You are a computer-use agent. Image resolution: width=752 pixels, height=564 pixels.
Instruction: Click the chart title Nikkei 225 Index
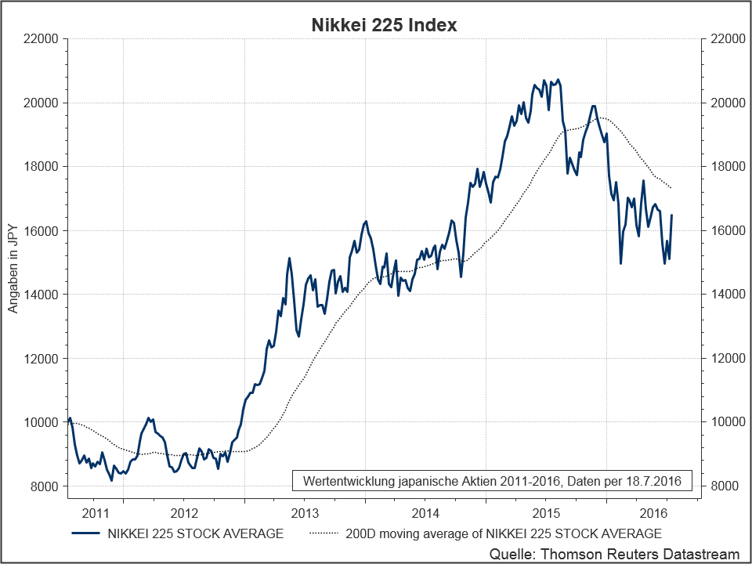[384, 25]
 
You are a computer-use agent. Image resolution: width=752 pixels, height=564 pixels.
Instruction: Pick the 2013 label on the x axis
[304, 514]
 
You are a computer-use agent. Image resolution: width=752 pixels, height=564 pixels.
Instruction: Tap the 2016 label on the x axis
[655, 514]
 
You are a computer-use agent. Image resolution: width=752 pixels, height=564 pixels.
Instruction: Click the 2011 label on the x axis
[96, 514]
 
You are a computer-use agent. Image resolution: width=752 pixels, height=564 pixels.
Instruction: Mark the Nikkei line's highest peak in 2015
[558, 79]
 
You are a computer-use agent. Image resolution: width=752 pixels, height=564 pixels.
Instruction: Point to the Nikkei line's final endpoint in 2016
[672, 215]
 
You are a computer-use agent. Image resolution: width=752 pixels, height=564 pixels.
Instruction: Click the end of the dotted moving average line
[671, 188]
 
